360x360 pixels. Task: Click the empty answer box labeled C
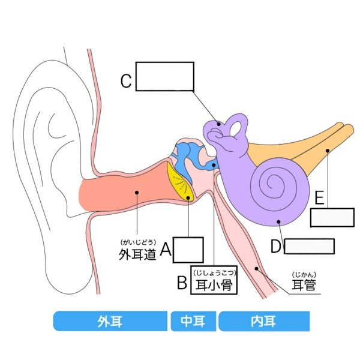(165, 76)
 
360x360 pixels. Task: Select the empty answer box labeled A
(188, 250)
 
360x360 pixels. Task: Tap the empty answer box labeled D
(309, 246)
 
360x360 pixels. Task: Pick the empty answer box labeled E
(332, 217)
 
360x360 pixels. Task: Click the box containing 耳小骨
(214, 280)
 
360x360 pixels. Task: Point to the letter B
(182, 283)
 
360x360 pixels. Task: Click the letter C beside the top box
(126, 81)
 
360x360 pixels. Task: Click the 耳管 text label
(304, 284)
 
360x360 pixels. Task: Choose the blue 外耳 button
(110, 321)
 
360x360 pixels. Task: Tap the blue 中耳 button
(193, 321)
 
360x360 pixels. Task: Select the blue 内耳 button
(264, 321)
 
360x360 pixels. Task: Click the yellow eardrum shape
(180, 184)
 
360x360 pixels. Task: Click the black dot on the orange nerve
(328, 151)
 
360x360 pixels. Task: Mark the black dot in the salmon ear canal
(137, 193)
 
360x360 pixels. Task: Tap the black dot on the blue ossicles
(214, 165)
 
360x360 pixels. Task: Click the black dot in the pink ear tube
(256, 268)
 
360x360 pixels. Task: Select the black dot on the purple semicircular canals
(219, 124)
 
